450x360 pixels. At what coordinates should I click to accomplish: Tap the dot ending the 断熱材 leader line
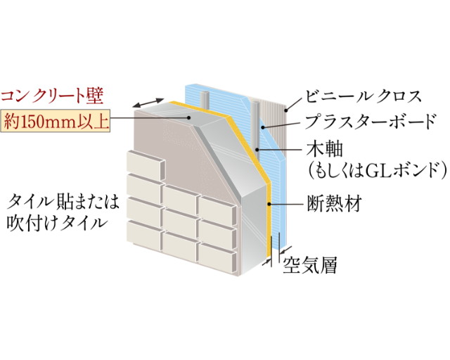tap(269, 203)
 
